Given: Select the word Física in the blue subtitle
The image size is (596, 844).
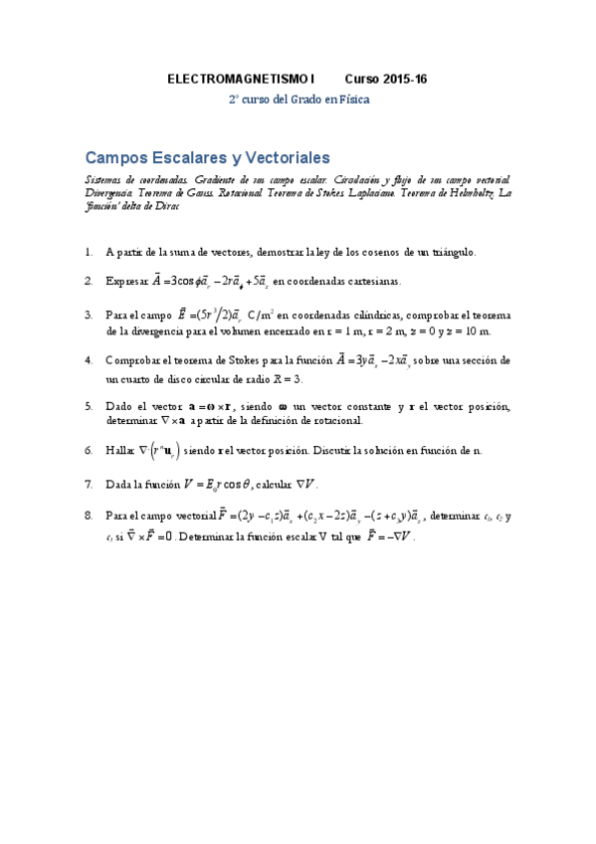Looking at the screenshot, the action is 352,100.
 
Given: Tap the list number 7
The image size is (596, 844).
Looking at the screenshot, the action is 89,485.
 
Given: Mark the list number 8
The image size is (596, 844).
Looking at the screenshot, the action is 89,516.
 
